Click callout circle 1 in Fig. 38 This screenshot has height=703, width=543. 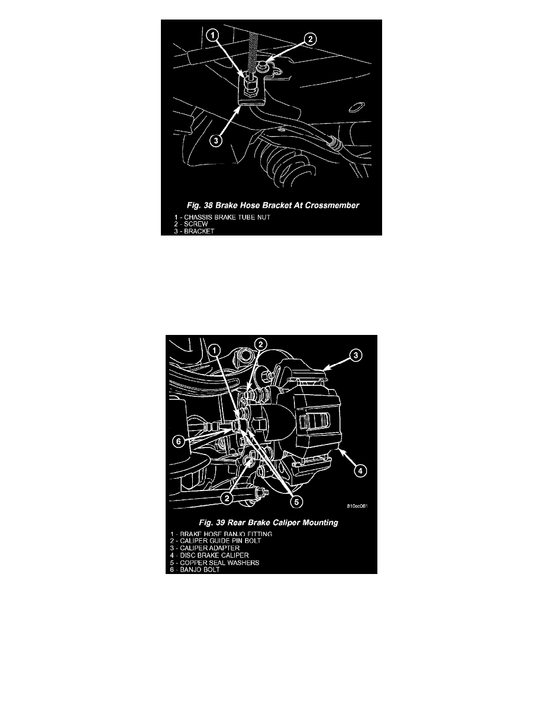[214, 34]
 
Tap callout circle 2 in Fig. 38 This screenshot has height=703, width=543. [311, 39]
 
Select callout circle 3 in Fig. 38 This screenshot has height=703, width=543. [216, 140]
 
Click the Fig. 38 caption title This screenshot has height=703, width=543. [273, 205]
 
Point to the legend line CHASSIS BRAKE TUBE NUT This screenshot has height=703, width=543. [222, 217]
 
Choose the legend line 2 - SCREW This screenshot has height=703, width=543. [191, 224]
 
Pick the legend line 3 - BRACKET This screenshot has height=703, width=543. [195, 231]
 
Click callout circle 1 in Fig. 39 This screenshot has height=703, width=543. [215, 350]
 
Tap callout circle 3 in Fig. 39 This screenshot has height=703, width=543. [355, 356]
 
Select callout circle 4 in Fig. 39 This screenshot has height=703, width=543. [360, 471]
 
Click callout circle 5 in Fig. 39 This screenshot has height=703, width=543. [296, 502]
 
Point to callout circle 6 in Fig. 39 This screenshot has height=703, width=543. [178, 441]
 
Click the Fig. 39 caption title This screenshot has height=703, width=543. [269, 523]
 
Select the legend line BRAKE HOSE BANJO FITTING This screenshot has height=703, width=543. [221, 534]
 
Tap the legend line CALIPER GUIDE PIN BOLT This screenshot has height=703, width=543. [215, 541]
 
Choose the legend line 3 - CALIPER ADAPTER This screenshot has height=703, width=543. [205, 548]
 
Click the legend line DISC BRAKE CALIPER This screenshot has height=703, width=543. [209, 555]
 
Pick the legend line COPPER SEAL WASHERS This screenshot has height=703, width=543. [215, 563]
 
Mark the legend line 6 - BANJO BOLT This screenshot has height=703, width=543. [195, 569]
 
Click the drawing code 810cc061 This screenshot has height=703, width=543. [357, 506]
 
